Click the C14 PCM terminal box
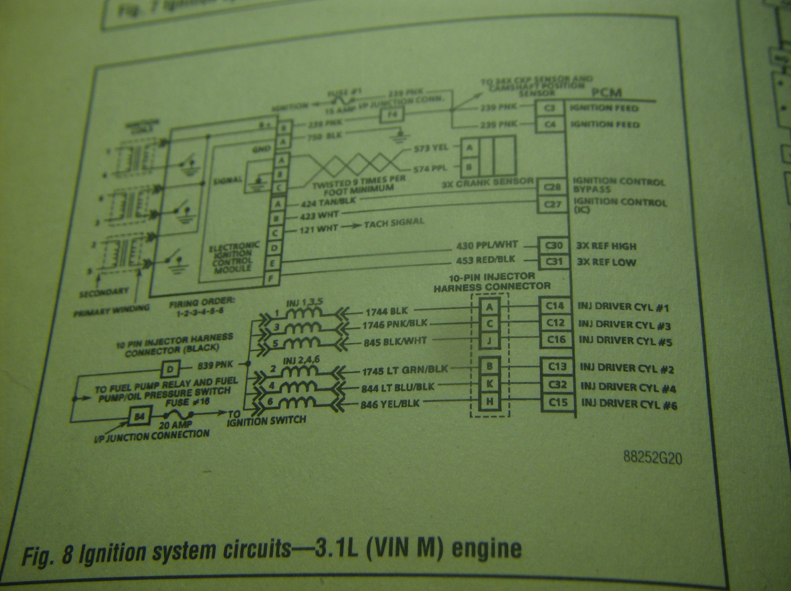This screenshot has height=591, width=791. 554,306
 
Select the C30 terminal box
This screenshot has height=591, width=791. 554,246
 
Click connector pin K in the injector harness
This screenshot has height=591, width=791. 489,383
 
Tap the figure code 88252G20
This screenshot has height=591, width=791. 653,458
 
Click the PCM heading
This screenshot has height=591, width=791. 606,93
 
